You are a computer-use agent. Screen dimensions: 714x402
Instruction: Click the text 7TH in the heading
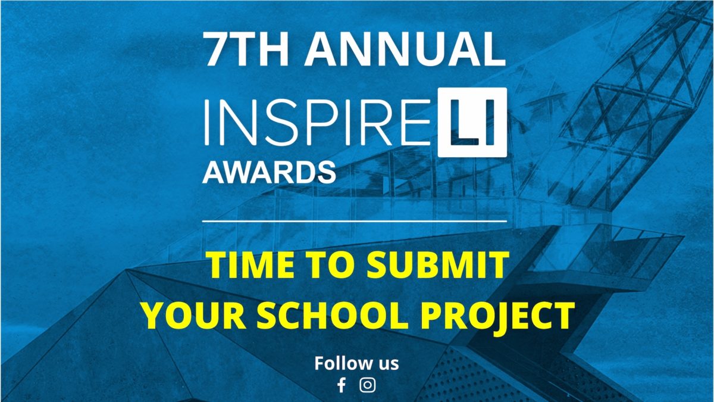point(245,49)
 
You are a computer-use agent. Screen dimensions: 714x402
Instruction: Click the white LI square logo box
point(472,122)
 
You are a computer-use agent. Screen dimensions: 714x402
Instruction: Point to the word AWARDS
point(269,172)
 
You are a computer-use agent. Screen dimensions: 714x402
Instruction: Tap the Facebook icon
point(342,385)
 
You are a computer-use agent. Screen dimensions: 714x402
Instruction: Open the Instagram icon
point(368,385)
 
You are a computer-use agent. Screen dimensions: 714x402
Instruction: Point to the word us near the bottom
point(387,364)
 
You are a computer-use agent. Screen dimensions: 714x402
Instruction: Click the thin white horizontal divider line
point(355,221)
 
